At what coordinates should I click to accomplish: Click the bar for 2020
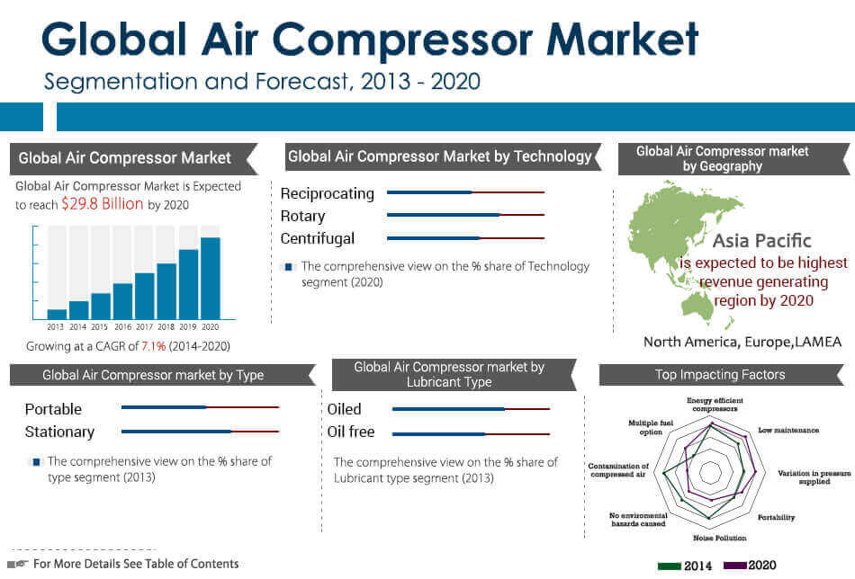click(211, 279)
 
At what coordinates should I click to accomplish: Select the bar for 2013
click(57, 315)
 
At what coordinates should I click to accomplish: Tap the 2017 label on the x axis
click(145, 326)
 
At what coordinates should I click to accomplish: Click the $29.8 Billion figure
click(103, 204)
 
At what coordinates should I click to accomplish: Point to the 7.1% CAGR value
click(153, 346)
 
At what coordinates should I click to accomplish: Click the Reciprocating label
click(328, 194)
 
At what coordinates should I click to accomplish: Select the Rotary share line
click(465, 215)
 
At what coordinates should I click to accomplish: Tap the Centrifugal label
click(318, 238)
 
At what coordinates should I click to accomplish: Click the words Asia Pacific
click(761, 240)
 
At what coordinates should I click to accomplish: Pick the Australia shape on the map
click(697, 306)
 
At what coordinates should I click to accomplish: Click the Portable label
click(53, 409)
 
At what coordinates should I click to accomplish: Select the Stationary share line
click(200, 432)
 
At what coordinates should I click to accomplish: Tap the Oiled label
click(344, 409)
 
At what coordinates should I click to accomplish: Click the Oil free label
click(351, 432)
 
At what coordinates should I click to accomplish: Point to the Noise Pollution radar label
click(720, 539)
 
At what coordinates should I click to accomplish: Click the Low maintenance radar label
click(788, 431)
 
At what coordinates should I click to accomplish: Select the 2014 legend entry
click(684, 566)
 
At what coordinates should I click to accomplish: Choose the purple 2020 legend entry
click(750, 566)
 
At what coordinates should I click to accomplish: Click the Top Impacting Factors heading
click(720, 375)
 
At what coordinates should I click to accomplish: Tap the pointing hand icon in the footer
click(19, 564)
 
